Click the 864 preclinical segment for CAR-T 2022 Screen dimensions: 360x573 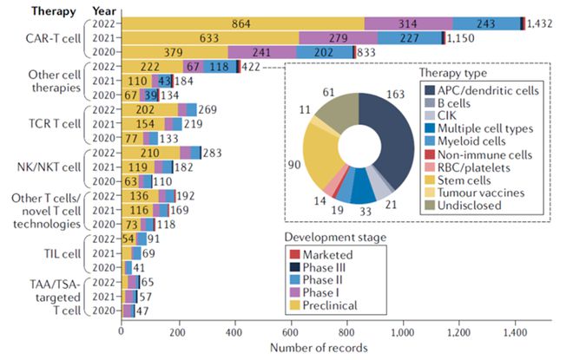click(244, 23)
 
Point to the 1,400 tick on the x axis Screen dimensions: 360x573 click(515, 331)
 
